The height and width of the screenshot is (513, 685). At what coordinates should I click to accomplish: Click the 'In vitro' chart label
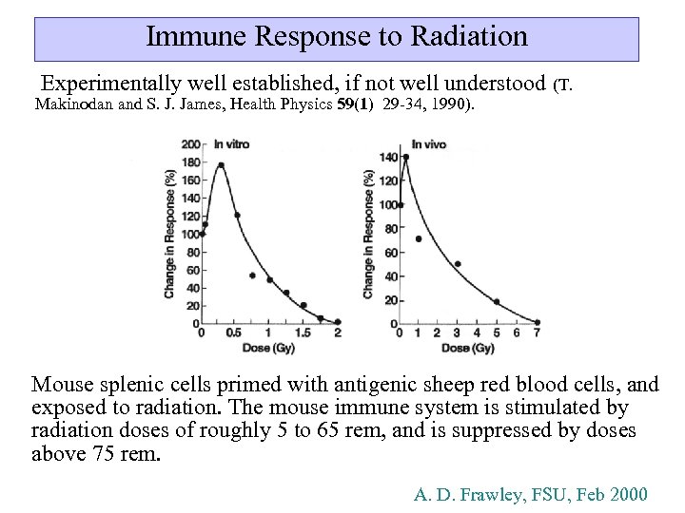pos(231,144)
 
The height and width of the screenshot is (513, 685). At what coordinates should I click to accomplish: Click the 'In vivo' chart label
pos(429,144)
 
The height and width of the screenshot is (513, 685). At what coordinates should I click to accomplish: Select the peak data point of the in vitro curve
pos(221,165)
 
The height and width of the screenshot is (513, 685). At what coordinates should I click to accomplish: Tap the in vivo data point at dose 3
pos(458,264)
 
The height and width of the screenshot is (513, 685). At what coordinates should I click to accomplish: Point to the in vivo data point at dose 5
pos(497,302)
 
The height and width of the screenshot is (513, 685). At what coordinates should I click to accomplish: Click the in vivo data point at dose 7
pos(537,322)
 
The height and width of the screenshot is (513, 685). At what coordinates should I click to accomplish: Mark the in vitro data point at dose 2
pos(338,322)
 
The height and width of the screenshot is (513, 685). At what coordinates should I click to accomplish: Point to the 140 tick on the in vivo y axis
pos(388,157)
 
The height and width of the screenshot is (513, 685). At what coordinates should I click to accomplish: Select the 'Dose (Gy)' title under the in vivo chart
pos(467,349)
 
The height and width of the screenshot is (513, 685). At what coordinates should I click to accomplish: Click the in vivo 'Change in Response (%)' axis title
pos(368,234)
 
